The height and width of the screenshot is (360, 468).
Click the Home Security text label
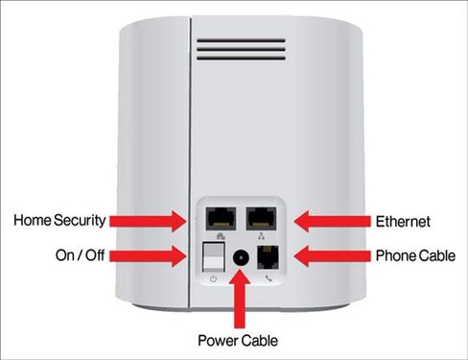click(59, 220)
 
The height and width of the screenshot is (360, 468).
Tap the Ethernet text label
click(403, 222)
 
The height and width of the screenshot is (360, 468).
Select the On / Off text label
click(80, 255)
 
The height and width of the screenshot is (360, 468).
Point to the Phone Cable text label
click(415, 255)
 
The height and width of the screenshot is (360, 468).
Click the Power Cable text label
click(238, 340)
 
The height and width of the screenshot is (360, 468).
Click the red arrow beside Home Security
click(148, 221)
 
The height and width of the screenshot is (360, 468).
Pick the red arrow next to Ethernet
click(332, 221)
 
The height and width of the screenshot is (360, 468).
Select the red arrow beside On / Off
click(148, 256)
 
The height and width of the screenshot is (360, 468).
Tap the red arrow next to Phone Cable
click(332, 256)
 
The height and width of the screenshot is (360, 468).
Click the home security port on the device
click(221, 219)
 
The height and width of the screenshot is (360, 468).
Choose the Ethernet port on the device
click(261, 219)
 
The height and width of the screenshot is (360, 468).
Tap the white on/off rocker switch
click(214, 257)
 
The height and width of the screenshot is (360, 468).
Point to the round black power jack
click(241, 257)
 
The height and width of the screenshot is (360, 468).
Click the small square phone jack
click(268, 257)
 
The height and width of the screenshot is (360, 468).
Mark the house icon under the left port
click(221, 237)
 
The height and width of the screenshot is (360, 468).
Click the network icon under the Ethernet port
click(262, 237)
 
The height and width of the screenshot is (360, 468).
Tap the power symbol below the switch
click(214, 279)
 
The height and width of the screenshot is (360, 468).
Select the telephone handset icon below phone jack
click(269, 278)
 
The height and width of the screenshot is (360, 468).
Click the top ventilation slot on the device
click(241, 40)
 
